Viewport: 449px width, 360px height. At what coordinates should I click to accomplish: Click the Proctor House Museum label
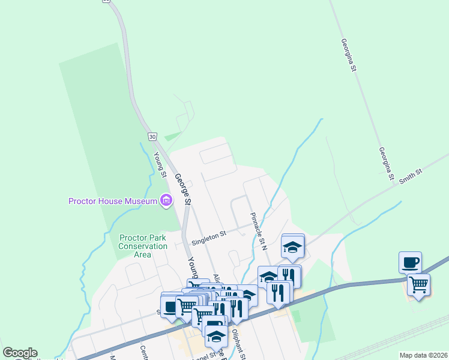point(113,201)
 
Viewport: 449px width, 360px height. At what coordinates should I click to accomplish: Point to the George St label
point(182,190)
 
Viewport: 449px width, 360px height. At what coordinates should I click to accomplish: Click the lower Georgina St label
point(385,164)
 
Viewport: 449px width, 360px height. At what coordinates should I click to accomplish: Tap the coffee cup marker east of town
point(411,262)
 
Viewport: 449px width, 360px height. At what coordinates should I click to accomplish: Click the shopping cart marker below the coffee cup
point(418,284)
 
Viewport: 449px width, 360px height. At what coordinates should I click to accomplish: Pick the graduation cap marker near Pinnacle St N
point(292,247)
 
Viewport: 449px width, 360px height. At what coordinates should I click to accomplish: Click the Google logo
point(20,353)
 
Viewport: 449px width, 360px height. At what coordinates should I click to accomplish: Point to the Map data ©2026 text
point(423,355)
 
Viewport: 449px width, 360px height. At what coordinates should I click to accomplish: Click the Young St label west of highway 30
point(160,164)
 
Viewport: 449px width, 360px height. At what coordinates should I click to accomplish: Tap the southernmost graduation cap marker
point(215,337)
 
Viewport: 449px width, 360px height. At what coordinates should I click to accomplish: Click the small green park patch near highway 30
point(172,137)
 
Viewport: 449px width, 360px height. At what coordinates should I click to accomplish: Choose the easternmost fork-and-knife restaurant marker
point(289,276)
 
